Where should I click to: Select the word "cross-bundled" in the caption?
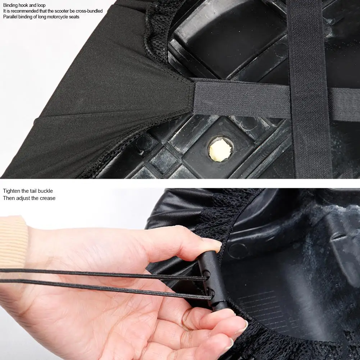point(89,11)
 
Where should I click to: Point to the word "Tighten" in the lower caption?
point(11,191)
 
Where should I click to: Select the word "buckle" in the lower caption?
point(45,191)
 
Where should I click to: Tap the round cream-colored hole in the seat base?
point(220,149)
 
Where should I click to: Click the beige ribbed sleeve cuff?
point(13,241)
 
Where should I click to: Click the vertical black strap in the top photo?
point(309,89)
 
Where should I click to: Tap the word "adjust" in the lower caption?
point(31,198)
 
